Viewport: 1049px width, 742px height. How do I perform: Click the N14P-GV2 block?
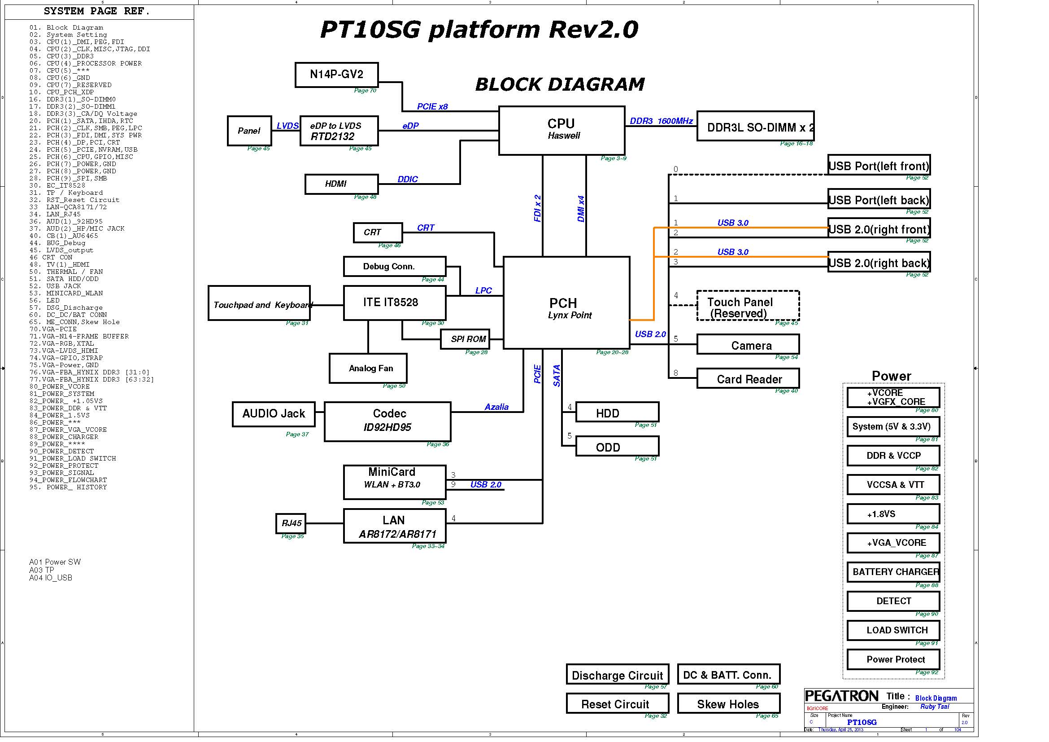pos(336,75)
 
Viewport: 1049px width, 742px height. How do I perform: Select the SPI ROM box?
pos(465,339)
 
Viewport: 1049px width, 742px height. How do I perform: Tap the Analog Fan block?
pos(368,368)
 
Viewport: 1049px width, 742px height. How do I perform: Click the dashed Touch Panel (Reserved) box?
pos(748,306)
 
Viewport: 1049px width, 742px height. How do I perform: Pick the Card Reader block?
pos(748,378)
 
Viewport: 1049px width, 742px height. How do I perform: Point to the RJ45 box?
pos(291,523)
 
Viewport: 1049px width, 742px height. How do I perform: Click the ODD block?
pos(617,447)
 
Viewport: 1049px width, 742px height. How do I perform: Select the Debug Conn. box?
pos(394,266)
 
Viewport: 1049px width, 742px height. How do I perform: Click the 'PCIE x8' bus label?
pos(432,106)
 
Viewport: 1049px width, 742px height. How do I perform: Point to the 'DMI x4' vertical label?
pos(581,209)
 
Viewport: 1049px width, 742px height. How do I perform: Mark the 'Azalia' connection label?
pos(496,407)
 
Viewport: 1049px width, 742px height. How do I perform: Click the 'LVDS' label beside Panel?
pos(287,126)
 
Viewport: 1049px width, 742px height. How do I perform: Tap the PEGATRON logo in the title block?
pos(841,696)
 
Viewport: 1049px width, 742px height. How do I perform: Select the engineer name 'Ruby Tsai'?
pos(934,707)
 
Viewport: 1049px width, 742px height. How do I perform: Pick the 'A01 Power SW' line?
pos(55,562)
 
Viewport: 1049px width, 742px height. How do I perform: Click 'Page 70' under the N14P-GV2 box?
pos(365,91)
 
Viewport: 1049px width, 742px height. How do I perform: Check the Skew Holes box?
pos(728,704)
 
